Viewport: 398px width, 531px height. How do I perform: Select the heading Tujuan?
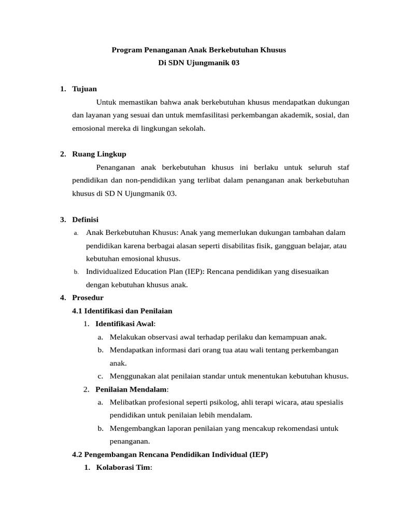point(84,89)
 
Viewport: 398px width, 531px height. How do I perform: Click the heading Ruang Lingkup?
point(99,154)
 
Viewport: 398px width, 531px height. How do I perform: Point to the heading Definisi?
point(85,219)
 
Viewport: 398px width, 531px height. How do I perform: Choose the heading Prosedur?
point(88,298)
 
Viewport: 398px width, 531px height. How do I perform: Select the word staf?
point(343,167)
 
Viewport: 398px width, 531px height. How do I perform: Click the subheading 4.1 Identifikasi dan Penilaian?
point(122,311)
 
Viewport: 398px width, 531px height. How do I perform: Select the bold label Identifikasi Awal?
point(124,324)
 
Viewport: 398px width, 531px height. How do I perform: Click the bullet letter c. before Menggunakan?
point(101,376)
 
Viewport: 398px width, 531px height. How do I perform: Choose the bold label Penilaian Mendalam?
point(132,389)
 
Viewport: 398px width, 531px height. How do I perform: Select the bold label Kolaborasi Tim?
point(123,467)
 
